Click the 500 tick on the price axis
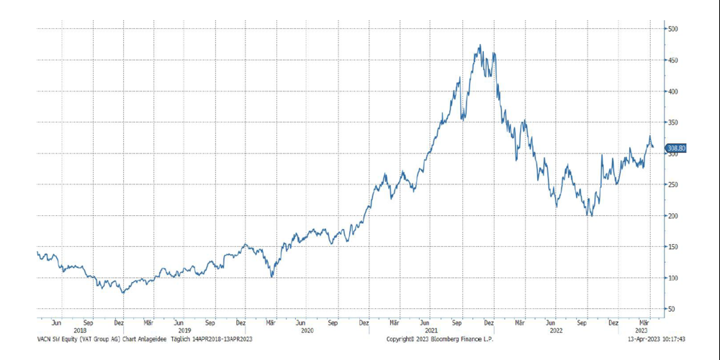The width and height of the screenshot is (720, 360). [x=674, y=29]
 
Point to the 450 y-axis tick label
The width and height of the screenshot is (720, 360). [x=674, y=60]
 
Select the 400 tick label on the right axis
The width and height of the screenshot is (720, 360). [x=674, y=91]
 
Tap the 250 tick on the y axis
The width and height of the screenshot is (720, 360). [x=674, y=184]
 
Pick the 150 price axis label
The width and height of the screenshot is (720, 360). [x=674, y=247]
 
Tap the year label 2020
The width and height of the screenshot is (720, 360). [x=307, y=330]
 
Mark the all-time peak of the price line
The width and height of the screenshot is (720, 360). [x=480, y=45]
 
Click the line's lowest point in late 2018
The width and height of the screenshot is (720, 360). [x=123, y=293]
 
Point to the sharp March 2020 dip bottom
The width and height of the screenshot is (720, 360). [x=271, y=276]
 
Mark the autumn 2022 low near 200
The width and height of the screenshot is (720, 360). [x=591, y=215]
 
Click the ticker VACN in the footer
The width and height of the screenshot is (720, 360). [x=45, y=338]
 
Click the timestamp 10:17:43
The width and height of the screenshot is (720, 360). [x=670, y=338]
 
